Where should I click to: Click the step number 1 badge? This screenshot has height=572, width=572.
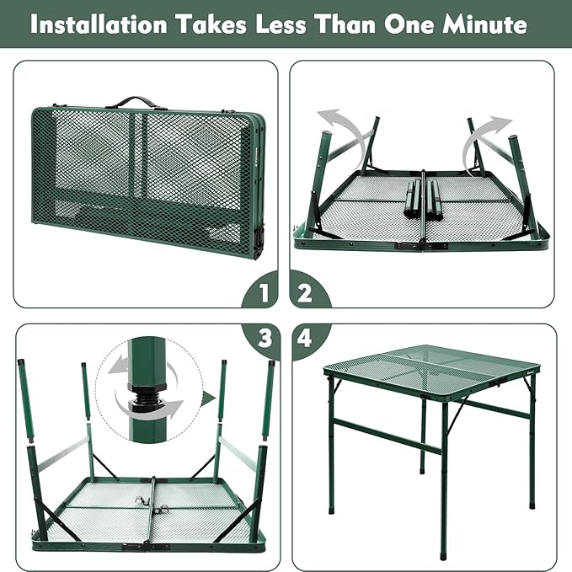(x=262, y=294)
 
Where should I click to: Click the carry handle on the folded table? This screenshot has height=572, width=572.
(x=135, y=102)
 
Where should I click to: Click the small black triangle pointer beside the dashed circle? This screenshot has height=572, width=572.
(x=208, y=397)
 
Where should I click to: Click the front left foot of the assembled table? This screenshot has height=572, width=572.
(x=443, y=555)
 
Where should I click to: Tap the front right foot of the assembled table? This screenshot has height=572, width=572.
(x=532, y=505)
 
